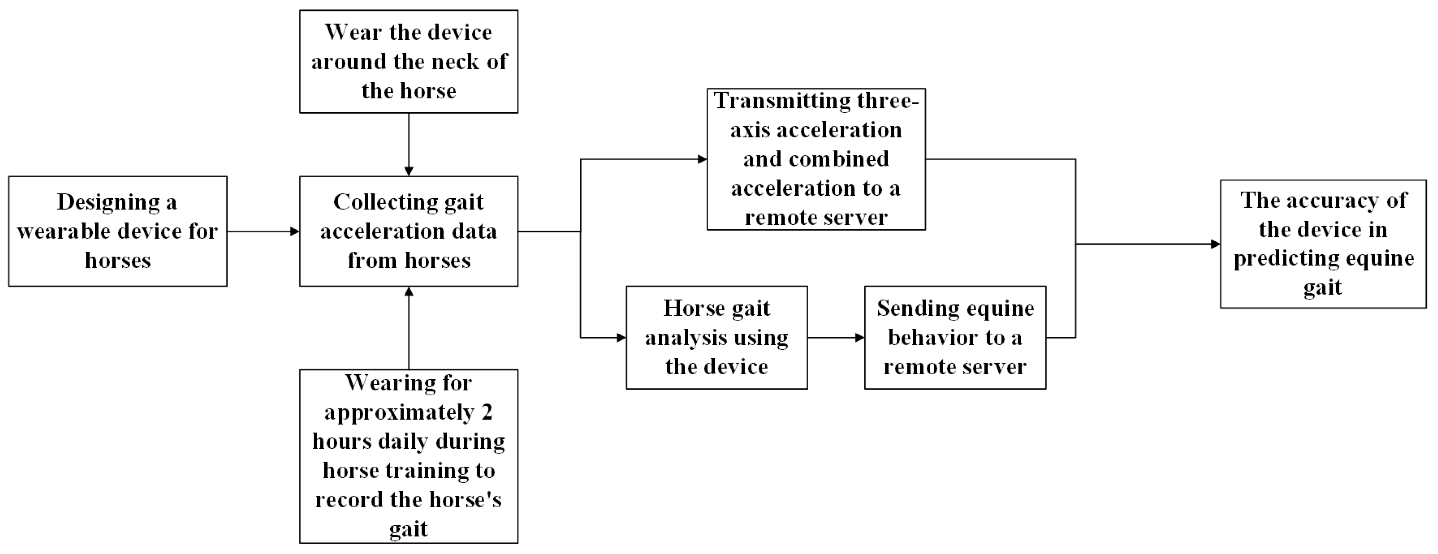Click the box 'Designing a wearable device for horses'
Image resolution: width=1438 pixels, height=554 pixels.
[117, 231]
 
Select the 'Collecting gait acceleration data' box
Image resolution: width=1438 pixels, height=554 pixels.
[408, 231]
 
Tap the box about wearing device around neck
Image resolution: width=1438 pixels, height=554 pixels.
[408, 61]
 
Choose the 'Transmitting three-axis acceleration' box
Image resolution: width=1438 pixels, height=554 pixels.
[816, 159]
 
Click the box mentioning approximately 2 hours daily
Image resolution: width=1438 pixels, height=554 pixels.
[408, 456]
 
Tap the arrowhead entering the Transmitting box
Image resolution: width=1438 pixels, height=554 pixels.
[702, 159]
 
